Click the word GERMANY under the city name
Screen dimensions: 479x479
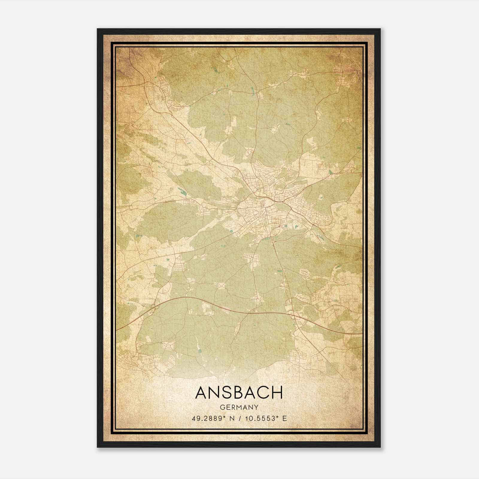239,407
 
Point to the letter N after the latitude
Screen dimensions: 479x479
231,418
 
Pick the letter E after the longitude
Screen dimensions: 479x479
284,418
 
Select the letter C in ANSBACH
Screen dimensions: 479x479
264,392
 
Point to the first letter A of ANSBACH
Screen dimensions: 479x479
201,392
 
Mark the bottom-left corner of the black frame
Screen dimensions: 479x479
98,447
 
